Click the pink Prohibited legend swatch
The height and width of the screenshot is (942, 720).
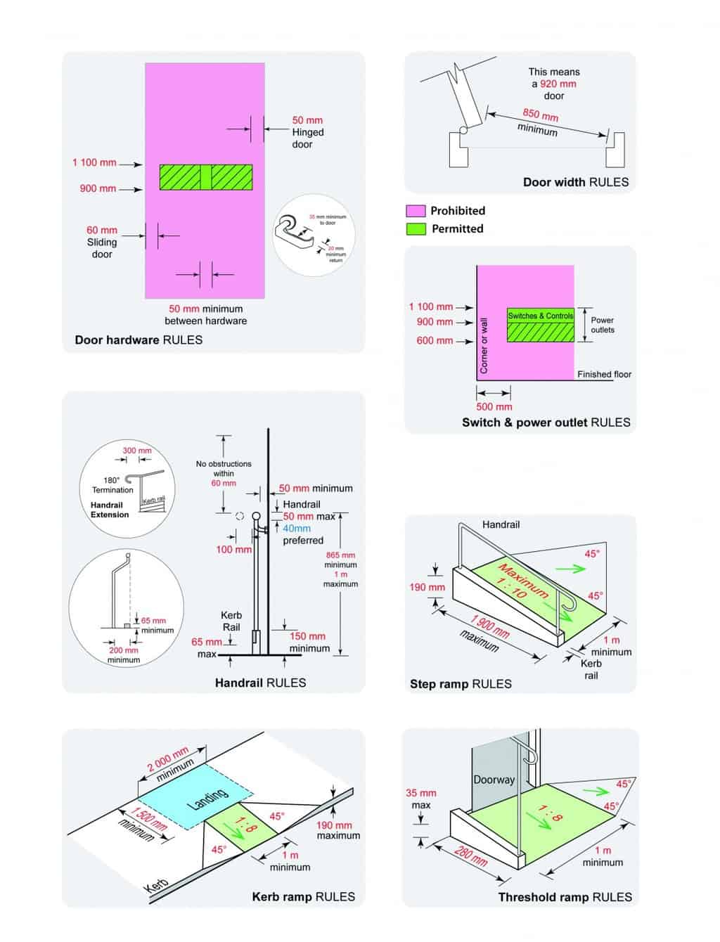click(x=416, y=211)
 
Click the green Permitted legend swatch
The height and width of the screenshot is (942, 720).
click(x=416, y=229)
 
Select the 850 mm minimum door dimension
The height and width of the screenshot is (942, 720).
click(x=540, y=114)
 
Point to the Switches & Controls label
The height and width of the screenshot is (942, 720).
click(x=541, y=316)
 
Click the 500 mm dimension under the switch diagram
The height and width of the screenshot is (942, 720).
click(x=494, y=406)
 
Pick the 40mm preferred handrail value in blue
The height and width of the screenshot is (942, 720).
click(x=297, y=529)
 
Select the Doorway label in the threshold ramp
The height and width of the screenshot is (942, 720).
click(x=494, y=780)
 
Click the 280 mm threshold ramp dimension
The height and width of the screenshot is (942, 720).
click(x=470, y=855)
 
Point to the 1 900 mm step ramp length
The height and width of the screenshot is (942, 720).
click(x=490, y=626)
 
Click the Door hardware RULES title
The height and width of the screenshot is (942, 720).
click(x=139, y=340)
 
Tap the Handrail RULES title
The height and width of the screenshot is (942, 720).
click(x=260, y=683)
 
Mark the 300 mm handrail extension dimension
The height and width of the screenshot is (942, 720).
click(x=137, y=451)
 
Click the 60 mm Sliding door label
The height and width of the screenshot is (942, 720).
click(x=102, y=241)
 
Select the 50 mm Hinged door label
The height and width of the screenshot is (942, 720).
click(x=308, y=131)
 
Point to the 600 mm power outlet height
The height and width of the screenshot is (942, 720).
click(x=435, y=340)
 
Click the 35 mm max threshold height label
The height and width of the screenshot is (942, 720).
click(x=420, y=799)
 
